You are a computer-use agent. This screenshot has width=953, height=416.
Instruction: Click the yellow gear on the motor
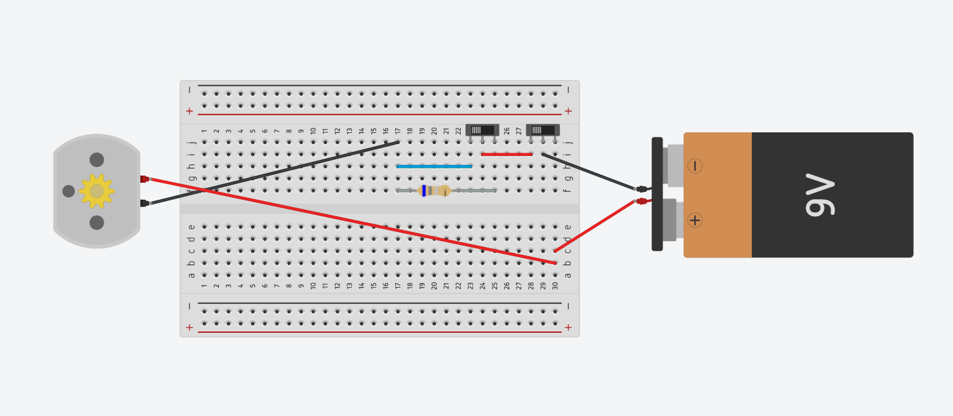[97, 191]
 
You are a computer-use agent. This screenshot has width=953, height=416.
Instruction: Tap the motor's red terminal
[144, 179]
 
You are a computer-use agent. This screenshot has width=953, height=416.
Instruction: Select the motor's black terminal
[144, 203]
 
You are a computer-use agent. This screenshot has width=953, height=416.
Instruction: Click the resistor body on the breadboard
[435, 191]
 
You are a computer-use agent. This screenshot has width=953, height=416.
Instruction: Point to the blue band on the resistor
[424, 191]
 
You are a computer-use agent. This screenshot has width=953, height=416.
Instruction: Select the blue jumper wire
[434, 166]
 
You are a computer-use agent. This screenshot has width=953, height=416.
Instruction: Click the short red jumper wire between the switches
[507, 155]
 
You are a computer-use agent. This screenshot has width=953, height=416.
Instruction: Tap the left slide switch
[482, 130]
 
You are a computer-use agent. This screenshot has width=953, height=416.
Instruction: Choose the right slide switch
[543, 130]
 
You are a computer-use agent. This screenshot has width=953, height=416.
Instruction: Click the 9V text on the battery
[820, 195]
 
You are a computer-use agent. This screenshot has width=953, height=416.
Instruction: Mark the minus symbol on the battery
[695, 166]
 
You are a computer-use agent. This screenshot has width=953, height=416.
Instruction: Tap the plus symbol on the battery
[695, 220]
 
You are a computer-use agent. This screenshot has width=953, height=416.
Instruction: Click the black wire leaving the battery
[590, 172]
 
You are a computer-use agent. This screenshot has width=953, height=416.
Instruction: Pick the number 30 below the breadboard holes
[555, 285]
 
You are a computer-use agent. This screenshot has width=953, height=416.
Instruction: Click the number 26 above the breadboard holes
[507, 131]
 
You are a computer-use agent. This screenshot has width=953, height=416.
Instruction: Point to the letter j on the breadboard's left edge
[191, 142]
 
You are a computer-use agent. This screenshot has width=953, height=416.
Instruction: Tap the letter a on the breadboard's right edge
[568, 275]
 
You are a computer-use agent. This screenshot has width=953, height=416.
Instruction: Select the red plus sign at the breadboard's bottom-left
[189, 327]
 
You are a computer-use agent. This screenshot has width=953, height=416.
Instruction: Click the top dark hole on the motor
[97, 160]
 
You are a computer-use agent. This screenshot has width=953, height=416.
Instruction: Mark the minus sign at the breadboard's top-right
[568, 90]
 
